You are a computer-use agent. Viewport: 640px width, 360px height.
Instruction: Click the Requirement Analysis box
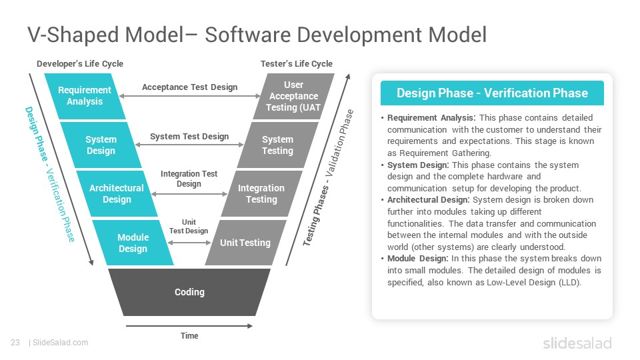coord(85,96)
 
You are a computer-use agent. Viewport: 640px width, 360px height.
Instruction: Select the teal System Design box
coord(101,145)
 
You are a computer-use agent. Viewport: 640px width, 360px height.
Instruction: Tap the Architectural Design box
coord(117,193)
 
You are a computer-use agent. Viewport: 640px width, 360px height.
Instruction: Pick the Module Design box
coord(133,243)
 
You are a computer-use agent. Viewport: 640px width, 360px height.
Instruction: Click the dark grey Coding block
coord(189,292)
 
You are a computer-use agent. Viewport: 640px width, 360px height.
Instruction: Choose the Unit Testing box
coord(245,243)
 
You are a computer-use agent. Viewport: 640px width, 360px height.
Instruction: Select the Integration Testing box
coord(261,193)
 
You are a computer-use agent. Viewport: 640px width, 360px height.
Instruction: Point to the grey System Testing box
coord(277,145)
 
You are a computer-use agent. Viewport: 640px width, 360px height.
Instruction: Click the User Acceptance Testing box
coord(294,96)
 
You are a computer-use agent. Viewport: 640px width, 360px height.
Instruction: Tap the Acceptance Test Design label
coord(190,87)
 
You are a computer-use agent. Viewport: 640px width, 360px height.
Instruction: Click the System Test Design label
coord(189,136)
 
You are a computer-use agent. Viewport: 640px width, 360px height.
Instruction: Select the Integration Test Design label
coord(189,179)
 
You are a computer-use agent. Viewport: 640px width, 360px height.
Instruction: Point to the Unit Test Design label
coord(189,226)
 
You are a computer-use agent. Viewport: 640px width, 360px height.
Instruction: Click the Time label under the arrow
coord(189,335)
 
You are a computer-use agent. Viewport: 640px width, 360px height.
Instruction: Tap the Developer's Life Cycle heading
coord(80,64)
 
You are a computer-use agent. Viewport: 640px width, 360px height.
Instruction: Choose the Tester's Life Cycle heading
coord(297,64)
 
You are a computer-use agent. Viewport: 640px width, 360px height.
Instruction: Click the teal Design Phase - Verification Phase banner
coord(492,93)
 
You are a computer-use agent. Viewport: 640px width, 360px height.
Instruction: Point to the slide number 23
coord(15,343)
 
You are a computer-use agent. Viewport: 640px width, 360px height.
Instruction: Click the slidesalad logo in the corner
coord(577,343)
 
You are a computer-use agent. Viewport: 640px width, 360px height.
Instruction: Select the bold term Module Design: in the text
coord(417,259)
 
